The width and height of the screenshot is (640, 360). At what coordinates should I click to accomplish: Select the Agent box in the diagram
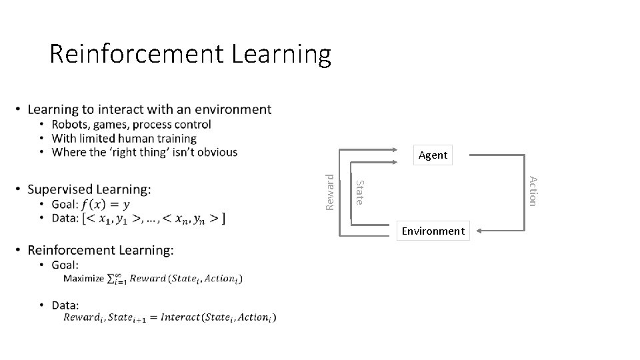(433, 155)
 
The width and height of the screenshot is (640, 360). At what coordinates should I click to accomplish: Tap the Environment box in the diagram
(433, 231)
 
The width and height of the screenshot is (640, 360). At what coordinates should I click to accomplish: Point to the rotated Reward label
(329, 192)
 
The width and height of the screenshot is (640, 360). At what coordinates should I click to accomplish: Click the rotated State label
(359, 192)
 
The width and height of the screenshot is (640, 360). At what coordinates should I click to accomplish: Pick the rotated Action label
(532, 190)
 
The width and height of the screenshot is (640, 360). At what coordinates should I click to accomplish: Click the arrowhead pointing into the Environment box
(480, 231)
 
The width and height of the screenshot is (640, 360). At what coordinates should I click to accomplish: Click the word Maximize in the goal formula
(84, 279)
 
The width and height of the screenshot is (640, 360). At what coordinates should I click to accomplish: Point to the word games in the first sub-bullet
(111, 125)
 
